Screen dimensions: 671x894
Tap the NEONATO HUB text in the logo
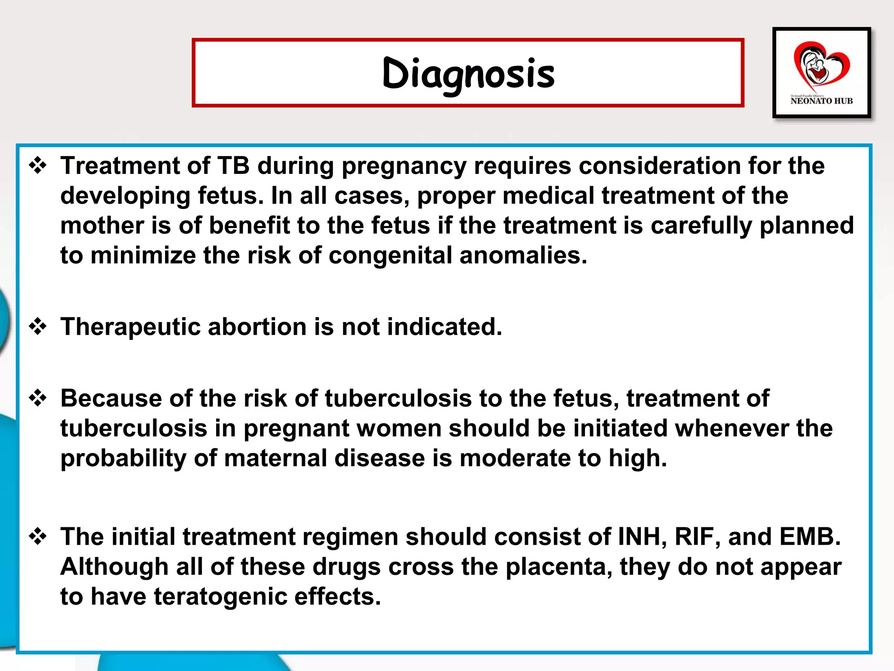pos(821,101)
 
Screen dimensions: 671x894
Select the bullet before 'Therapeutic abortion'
pos(38,326)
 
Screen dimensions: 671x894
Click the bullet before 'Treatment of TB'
pos(38,166)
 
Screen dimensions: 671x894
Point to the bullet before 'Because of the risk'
pos(38,398)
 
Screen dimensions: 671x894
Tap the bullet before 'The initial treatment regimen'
pos(38,536)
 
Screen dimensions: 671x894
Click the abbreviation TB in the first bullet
pos(234,166)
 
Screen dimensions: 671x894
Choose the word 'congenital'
pos(390,256)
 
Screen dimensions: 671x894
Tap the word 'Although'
pos(114,567)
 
